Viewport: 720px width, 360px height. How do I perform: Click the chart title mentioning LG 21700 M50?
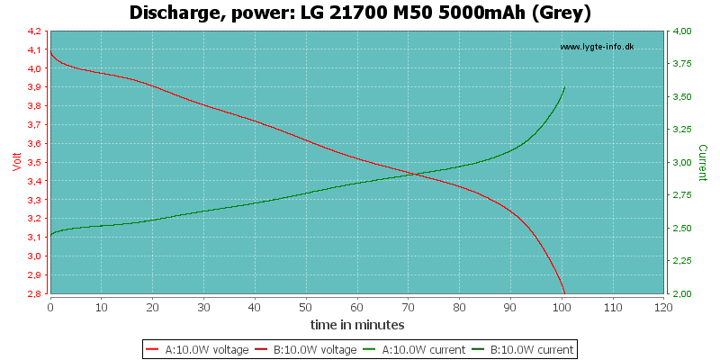360,13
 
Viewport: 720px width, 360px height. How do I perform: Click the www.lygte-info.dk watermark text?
597,47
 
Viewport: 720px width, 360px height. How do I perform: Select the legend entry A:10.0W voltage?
200,349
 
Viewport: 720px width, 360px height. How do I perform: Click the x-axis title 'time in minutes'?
357,324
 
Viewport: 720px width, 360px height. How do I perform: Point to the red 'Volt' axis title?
15,162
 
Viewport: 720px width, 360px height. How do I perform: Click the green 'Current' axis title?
702,162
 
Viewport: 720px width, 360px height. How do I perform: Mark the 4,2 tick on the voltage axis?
33,31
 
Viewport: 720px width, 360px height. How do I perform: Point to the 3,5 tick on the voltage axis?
33,162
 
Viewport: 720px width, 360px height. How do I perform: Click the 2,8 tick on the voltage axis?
33,293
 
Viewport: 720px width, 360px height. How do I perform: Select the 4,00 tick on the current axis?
682,31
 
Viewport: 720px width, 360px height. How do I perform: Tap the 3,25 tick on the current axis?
682,130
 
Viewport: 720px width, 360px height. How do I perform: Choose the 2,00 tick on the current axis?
682,293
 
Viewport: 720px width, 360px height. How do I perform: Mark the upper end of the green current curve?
564,87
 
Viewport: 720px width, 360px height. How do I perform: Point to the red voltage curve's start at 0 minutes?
50,52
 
